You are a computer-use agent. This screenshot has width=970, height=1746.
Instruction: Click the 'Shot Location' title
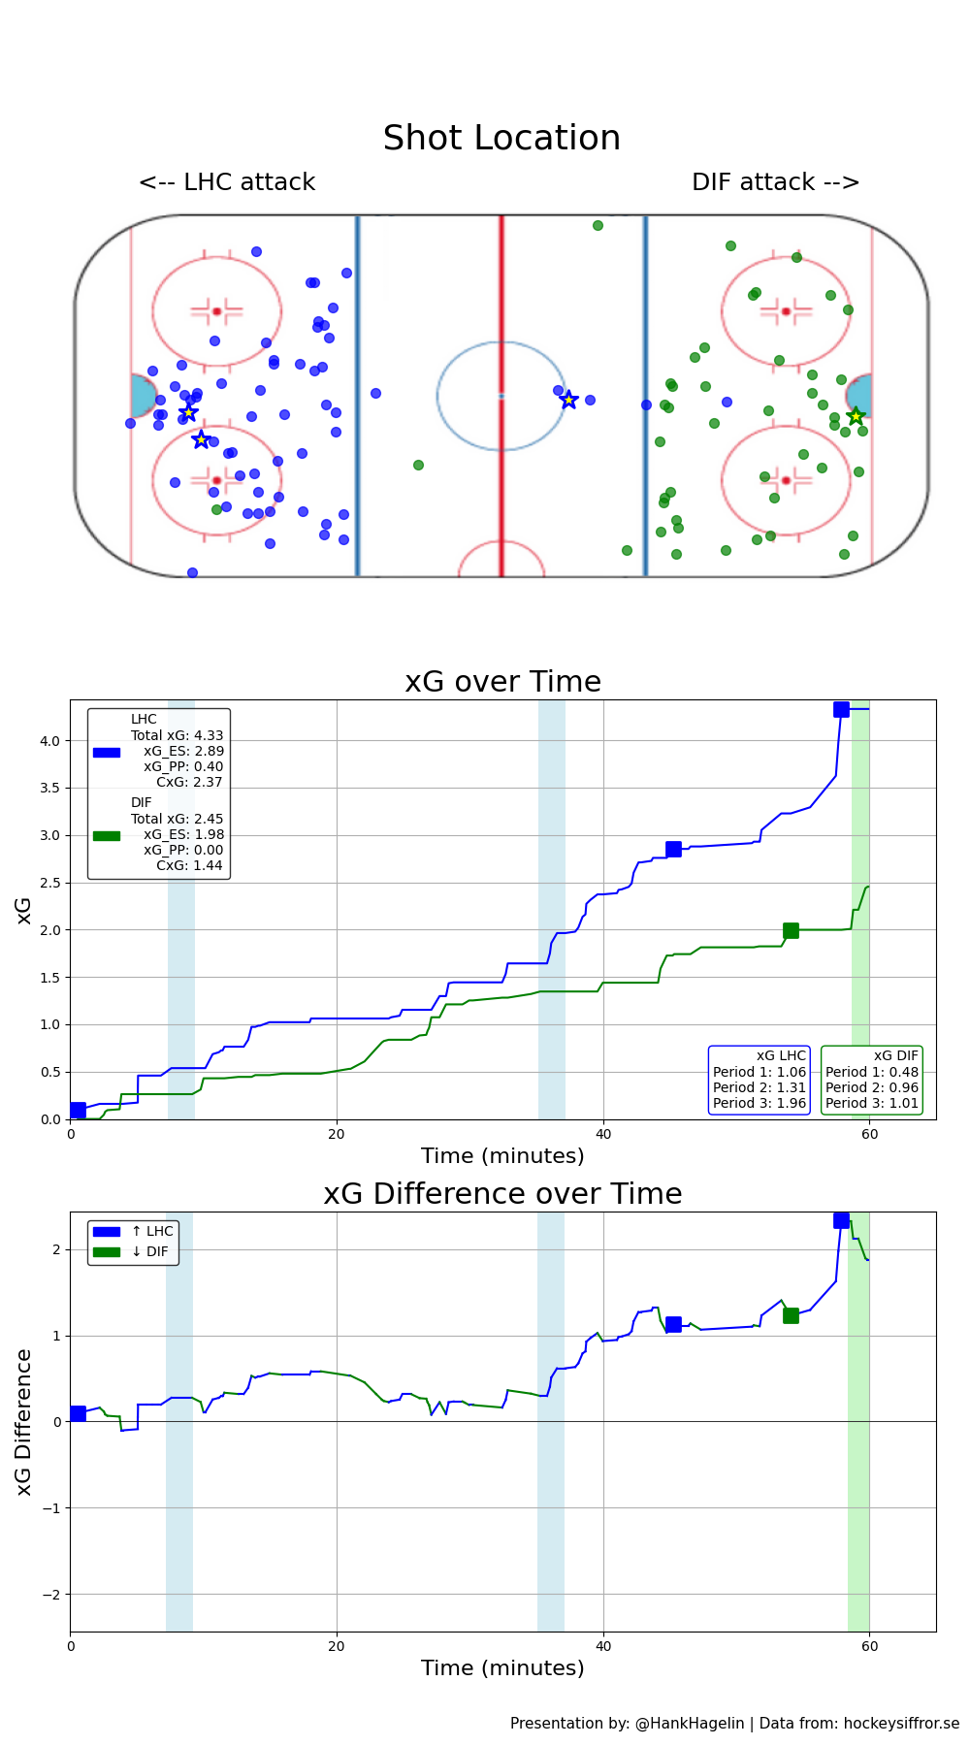pyautogui.click(x=501, y=139)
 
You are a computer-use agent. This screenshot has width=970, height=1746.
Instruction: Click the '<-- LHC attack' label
pyautogui.click(x=227, y=182)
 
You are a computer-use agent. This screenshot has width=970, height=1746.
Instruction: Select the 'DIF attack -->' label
pyautogui.click(x=775, y=182)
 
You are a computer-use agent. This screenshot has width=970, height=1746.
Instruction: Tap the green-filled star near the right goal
pyautogui.click(x=856, y=416)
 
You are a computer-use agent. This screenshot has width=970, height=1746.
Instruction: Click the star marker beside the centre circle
pyautogui.click(x=569, y=400)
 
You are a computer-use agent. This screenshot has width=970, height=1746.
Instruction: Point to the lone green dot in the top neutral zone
pyautogui.click(x=598, y=225)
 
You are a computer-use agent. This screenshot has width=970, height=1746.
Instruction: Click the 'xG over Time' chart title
pyautogui.click(x=502, y=682)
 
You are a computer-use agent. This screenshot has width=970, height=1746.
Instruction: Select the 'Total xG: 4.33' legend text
pyautogui.click(x=177, y=735)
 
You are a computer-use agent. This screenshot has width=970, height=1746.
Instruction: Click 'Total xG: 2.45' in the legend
pyautogui.click(x=177, y=819)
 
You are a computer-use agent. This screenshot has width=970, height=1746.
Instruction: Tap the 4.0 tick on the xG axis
pyautogui.click(x=49, y=741)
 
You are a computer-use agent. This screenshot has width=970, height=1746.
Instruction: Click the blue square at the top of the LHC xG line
pyautogui.click(x=841, y=709)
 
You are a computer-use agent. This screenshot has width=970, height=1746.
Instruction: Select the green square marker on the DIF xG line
pyautogui.click(x=791, y=930)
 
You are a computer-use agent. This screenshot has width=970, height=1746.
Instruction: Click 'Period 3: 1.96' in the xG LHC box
pyautogui.click(x=760, y=1103)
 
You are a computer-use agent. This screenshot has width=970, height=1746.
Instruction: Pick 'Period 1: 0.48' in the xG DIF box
pyautogui.click(x=872, y=1072)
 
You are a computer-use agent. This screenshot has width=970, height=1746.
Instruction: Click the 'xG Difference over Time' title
pyautogui.click(x=502, y=1194)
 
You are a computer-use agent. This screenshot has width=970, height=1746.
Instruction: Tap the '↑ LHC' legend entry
pyautogui.click(x=152, y=1232)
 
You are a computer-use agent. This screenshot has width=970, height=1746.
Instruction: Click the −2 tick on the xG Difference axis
pyautogui.click(x=51, y=1595)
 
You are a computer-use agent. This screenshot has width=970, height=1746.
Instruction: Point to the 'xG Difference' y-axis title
pyautogui.click(x=24, y=1422)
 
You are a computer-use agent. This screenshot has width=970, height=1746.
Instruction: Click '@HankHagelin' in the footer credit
pyautogui.click(x=690, y=1724)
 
